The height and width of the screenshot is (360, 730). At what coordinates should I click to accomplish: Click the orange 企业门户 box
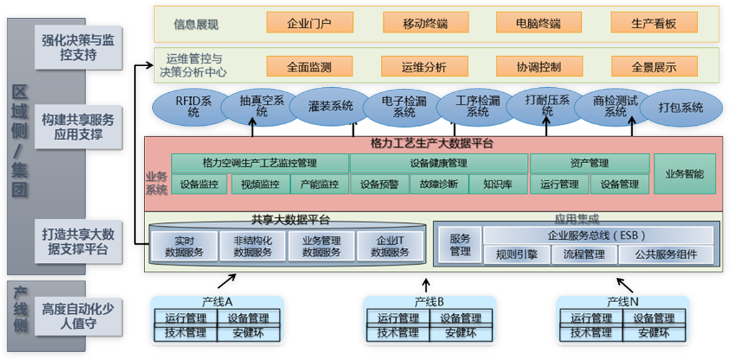click(310, 23)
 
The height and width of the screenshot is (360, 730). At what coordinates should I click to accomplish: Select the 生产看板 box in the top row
click(653, 23)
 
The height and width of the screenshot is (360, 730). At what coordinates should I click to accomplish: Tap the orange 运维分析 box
click(424, 66)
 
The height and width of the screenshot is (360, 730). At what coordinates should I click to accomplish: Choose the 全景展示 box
click(653, 66)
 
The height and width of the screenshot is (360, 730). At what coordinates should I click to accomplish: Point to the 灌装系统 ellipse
click(330, 107)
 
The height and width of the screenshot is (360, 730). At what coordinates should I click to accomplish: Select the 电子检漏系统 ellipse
click(404, 107)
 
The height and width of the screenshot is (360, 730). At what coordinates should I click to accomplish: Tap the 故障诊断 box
click(438, 184)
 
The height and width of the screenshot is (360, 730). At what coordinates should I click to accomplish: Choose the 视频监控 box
click(260, 184)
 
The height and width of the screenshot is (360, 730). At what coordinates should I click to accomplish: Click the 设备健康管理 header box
click(438, 163)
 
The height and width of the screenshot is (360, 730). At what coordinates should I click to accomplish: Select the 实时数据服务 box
click(184, 247)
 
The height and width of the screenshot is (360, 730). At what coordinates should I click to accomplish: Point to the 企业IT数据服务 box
click(390, 247)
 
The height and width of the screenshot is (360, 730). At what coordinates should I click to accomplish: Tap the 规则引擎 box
click(516, 254)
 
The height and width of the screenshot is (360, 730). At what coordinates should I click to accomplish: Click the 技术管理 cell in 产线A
click(185, 333)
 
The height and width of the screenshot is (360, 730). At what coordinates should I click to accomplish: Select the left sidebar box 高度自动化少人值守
click(78, 315)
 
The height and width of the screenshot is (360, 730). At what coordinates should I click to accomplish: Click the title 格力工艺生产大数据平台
click(436, 144)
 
